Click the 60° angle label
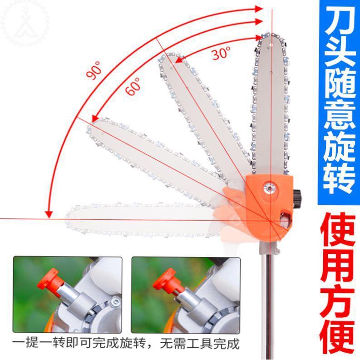(x=133, y=86)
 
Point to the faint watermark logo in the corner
(x=20, y=22)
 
